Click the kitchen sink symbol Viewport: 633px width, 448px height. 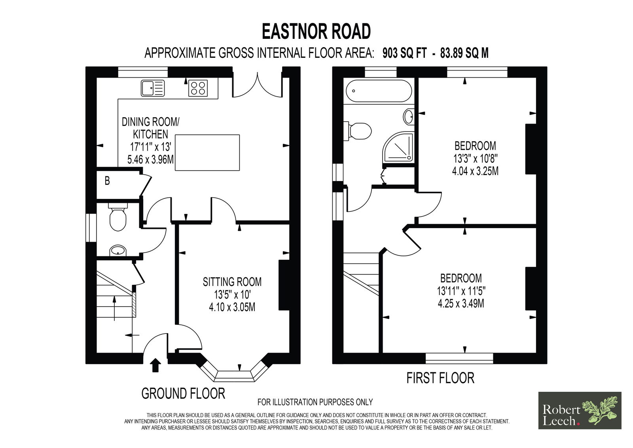[153, 88]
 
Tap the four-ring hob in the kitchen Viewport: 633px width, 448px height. [198, 88]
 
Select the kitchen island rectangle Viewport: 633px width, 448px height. [207, 153]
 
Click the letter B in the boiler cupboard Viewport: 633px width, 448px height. [107, 181]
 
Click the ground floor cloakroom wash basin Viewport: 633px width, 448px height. [118, 250]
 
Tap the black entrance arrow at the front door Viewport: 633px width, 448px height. [155, 365]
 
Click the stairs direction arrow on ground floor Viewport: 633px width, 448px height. [114, 308]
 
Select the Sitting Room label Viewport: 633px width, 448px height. [232, 282]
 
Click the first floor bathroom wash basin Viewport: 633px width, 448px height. [408, 116]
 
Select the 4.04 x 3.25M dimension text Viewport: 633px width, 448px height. [475, 171]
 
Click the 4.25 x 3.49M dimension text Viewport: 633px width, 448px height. [461, 303]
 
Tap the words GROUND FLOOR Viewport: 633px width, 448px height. [183, 393]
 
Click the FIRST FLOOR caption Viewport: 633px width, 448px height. [440, 378]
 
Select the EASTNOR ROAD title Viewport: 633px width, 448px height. [316, 31]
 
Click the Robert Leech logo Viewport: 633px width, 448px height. [580, 410]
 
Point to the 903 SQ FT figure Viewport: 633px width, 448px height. [404, 53]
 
